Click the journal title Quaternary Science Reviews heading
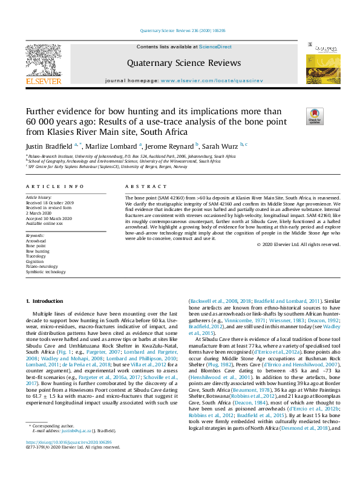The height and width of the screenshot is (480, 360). pyautogui.click(x=183, y=63)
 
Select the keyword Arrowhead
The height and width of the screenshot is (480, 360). pyautogui.click(x=36, y=241)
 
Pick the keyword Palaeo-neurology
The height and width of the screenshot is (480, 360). pyautogui.click(x=42, y=266)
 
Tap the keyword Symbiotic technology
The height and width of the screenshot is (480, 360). pyautogui.click(x=45, y=271)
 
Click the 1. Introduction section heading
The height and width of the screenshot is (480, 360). pyautogui.click(x=47, y=300)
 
